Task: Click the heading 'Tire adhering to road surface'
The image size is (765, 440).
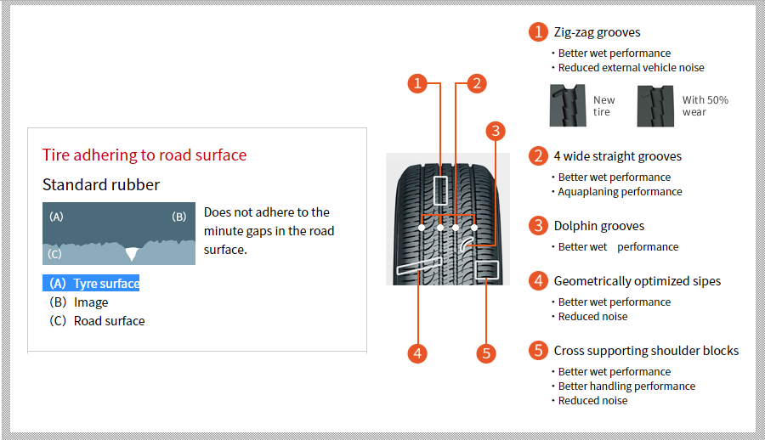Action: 144,155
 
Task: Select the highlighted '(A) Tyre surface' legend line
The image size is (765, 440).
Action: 91,283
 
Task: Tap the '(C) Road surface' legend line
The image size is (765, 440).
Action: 97,321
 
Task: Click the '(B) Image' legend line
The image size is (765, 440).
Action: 78,302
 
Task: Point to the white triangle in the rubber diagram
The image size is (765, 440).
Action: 132,253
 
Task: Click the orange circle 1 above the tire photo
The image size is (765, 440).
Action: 417,83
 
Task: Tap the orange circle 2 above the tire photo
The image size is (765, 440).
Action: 477,83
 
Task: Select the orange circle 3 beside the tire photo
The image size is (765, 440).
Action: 496,131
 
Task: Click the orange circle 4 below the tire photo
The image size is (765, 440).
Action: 417,353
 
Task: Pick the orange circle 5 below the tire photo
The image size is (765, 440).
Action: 486,353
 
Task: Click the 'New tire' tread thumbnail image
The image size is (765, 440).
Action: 568,105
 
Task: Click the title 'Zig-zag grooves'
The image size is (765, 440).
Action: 598,32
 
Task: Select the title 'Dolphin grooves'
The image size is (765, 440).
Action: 599,226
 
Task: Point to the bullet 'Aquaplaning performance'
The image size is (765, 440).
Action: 620,192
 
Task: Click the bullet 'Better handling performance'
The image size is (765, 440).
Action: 627,386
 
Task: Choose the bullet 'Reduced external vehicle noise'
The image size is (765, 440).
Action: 632,67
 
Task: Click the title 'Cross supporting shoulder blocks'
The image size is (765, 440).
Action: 647,351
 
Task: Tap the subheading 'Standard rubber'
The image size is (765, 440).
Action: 101,184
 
